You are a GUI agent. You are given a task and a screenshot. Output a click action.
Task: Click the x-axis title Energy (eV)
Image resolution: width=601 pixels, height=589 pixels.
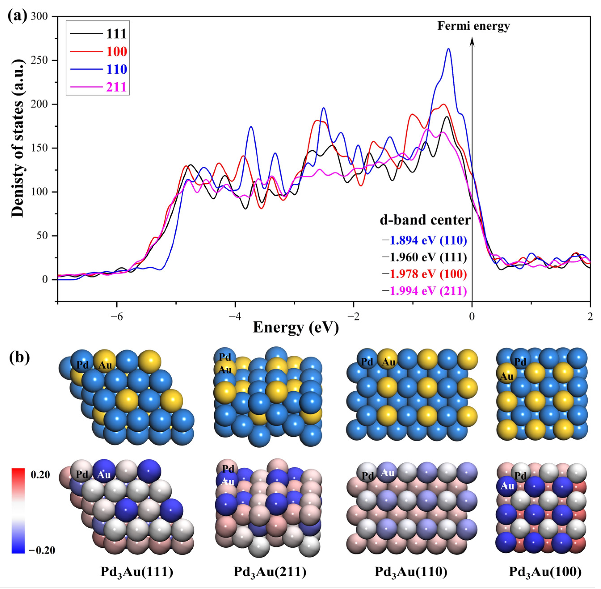(296, 327)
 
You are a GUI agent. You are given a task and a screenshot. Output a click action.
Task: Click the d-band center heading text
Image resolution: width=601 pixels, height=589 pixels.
(425, 220)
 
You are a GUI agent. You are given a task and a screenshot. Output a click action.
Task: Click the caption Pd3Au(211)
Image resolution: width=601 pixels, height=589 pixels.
(270, 572)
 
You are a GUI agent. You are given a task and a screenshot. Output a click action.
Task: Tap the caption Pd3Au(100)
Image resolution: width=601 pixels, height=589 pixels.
(545, 572)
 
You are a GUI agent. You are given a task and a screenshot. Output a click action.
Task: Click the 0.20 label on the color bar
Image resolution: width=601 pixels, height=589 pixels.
(40, 475)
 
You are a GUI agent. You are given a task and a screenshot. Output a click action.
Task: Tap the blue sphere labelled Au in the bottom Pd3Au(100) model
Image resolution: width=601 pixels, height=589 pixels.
(507, 486)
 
